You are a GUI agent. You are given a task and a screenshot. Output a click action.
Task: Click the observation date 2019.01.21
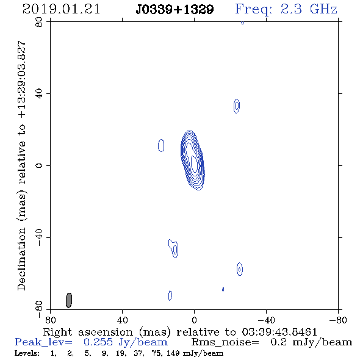[x=61, y=9]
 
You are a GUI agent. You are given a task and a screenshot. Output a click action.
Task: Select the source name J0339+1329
[x=175, y=10]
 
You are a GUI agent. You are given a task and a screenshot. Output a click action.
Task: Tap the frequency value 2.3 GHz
[x=309, y=9]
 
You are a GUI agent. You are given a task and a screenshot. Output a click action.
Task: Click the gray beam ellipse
[x=69, y=300]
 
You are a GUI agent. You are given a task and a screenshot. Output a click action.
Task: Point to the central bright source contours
[x=193, y=160]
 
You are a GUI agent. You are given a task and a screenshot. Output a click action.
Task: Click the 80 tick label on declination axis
[x=39, y=22]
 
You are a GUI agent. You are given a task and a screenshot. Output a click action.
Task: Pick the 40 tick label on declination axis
[x=39, y=94]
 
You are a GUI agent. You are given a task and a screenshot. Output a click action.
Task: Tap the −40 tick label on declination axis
[x=39, y=237]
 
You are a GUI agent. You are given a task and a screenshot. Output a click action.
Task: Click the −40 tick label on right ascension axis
[x=266, y=320]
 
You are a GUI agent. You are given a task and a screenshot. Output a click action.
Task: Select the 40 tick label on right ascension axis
[x=122, y=320]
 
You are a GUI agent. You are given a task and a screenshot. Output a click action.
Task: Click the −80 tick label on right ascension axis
[x=338, y=320]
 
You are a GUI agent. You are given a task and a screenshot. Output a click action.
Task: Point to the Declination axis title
[x=21, y=165]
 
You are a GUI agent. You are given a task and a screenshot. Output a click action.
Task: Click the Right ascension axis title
[x=180, y=332]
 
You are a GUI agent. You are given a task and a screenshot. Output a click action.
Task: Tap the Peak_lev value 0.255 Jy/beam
[x=125, y=342]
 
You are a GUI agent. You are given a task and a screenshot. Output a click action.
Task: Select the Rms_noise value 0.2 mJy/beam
[x=311, y=342]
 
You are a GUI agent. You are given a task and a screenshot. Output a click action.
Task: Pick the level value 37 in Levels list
[x=139, y=353]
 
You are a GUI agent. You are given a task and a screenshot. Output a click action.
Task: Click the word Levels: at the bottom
[x=27, y=353]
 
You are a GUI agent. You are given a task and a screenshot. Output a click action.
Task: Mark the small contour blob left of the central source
[x=161, y=145]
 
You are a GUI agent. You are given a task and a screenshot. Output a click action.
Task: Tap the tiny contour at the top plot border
[x=242, y=23]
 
